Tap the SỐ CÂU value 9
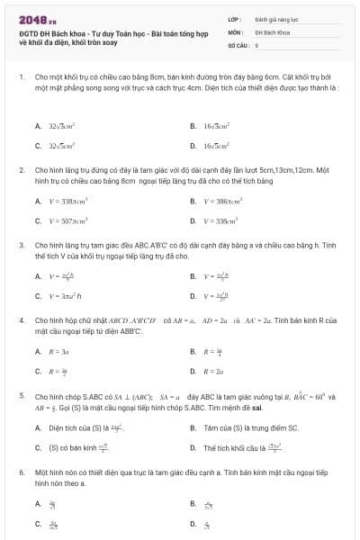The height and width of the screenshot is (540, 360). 257,43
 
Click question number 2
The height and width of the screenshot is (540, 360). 21,169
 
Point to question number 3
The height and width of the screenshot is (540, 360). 21,244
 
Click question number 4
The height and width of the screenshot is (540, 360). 21,319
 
